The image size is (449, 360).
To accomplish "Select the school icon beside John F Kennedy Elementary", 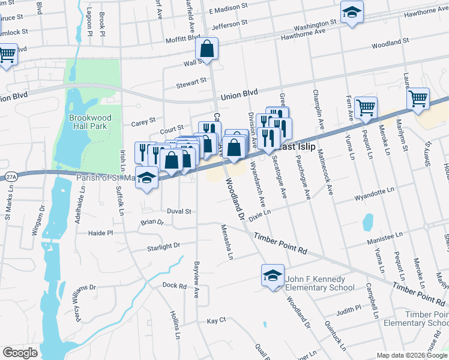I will click(273, 276).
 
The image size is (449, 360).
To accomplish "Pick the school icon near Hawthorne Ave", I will click(352, 13).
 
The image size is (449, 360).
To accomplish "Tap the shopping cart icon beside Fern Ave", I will click(365, 109).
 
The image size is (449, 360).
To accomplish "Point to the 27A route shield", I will click(10, 177).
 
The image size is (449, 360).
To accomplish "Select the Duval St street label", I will click(178, 211).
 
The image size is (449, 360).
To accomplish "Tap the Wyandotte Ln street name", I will click(374, 196).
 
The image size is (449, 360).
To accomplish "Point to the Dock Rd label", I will click(175, 286).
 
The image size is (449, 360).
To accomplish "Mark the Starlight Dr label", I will click(163, 246).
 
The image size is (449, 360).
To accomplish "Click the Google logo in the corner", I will click(20, 353).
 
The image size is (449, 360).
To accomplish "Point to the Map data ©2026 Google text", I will click(411, 355).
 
